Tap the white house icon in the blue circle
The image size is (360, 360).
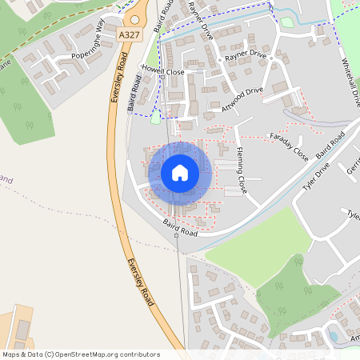[180, 172]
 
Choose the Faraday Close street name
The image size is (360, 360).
[289, 142]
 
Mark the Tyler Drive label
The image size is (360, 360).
[315, 179]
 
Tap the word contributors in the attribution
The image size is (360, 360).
[140, 354]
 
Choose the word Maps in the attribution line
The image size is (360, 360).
[12, 354]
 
